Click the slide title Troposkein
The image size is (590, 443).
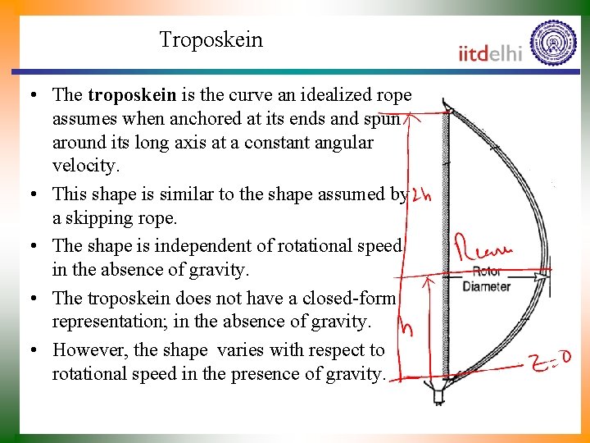(x=211, y=39)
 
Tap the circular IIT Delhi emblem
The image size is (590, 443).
(x=553, y=43)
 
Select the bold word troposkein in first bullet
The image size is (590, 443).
(x=131, y=95)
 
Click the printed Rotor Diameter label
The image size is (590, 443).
(x=487, y=279)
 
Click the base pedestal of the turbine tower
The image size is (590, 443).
(x=438, y=395)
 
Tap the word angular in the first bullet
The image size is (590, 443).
(x=342, y=143)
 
